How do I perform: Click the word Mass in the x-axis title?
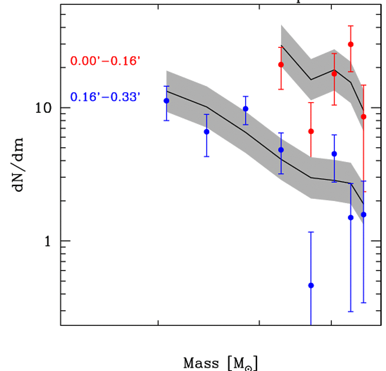click(200, 363)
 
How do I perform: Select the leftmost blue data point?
click(167, 101)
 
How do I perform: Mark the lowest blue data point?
click(311, 285)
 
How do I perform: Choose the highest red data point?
click(350, 44)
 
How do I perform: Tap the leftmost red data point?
click(281, 64)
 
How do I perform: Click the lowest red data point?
click(311, 131)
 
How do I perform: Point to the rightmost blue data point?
click(364, 214)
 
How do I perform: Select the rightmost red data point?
click(364, 117)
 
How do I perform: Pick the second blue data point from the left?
click(206, 131)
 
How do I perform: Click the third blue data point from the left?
click(245, 109)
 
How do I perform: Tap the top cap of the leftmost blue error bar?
click(167, 86)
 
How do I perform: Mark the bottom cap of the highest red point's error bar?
click(350, 72)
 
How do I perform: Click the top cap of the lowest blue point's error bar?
click(311, 232)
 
